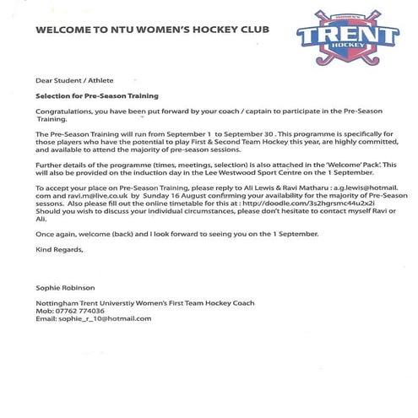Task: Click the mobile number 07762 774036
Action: [81, 310]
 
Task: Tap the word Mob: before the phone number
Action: [44, 310]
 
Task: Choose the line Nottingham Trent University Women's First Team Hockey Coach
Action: [144, 302]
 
